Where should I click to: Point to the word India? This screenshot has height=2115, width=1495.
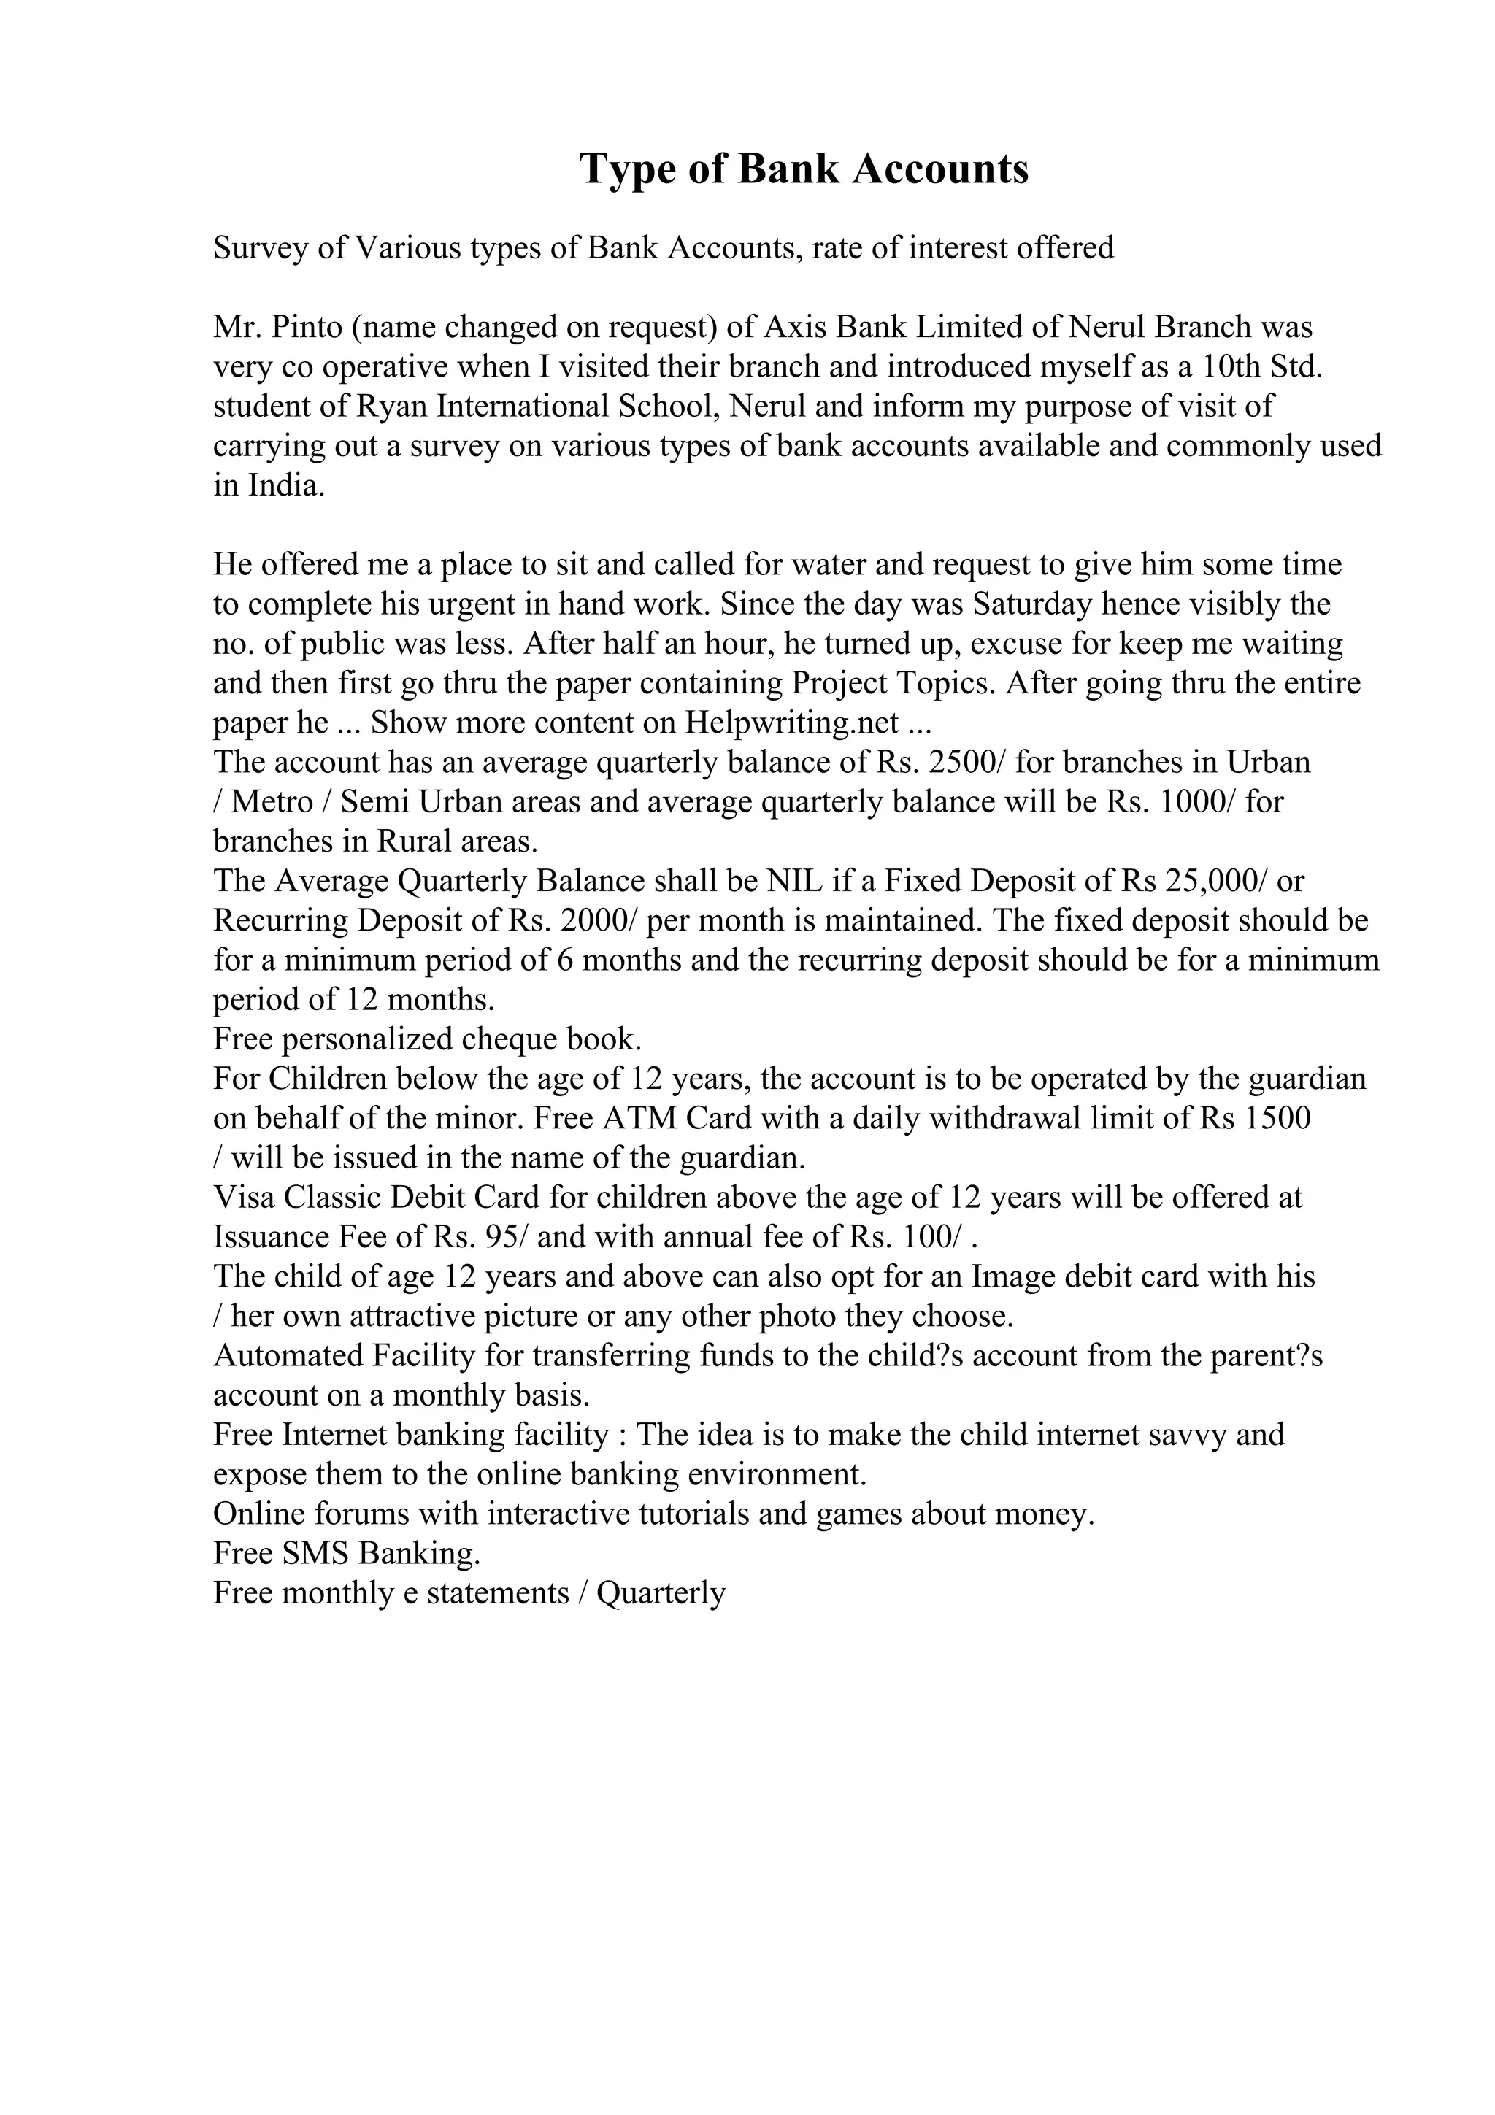[x=286, y=485]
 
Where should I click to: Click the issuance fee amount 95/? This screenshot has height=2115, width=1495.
[x=507, y=1237]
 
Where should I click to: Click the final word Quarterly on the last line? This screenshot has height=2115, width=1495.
[x=661, y=1594]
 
